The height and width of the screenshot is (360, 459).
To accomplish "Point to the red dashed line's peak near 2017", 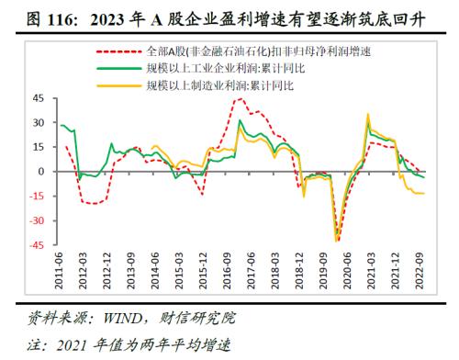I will (x=241, y=99).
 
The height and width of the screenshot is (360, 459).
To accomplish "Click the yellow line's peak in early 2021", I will (x=368, y=115).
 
